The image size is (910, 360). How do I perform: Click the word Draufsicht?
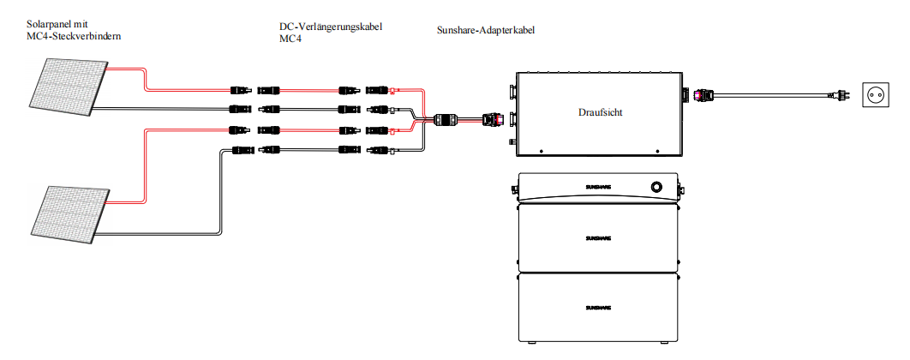click(x=601, y=112)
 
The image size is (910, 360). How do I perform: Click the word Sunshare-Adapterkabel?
click(x=486, y=30)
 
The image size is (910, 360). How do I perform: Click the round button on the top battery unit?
click(x=656, y=186)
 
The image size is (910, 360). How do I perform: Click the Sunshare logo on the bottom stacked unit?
click(x=598, y=307)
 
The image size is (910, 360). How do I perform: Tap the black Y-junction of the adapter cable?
click(x=446, y=121)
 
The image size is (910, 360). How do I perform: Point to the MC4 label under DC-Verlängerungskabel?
click(x=291, y=39)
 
